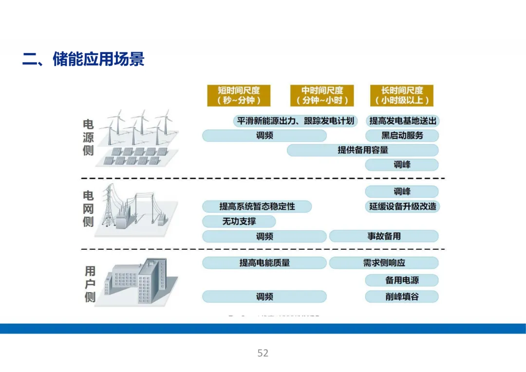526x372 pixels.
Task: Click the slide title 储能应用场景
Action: (83, 59)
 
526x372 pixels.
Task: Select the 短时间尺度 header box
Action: (239, 95)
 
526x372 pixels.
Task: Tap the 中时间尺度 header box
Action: (322, 95)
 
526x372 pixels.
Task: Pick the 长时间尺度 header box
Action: (401, 95)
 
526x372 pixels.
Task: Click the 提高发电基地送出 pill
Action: (402, 121)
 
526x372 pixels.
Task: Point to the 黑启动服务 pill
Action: (402, 135)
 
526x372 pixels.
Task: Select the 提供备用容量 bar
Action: (362, 150)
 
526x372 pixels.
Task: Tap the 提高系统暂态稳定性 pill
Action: (257, 206)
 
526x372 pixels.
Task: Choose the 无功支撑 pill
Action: (239, 222)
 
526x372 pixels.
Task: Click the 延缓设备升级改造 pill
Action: (402, 206)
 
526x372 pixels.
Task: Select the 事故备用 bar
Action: (384, 237)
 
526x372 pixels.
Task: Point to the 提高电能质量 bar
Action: (264, 263)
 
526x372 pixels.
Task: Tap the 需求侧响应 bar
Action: (384, 263)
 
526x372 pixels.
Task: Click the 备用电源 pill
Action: (402, 280)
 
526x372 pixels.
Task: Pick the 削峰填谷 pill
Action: (402, 297)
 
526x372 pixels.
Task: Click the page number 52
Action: (263, 353)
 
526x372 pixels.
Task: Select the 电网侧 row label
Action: (88, 208)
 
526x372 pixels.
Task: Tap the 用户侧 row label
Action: (90, 284)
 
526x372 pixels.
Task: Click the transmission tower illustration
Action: (108, 207)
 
